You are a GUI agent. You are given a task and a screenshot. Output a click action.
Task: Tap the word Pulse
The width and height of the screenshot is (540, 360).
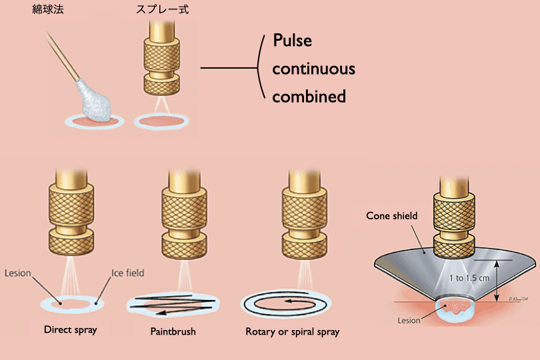point(293,41)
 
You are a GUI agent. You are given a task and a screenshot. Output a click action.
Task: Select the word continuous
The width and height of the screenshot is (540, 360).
point(313,69)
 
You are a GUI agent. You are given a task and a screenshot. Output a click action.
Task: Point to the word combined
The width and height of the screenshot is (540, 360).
point(309,96)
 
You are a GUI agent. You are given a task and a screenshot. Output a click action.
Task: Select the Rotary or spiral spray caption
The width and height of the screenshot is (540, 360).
point(292,331)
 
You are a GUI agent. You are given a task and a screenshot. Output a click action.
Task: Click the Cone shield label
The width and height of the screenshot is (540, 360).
point(391,216)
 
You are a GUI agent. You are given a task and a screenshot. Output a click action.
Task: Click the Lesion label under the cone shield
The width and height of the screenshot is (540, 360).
point(409,321)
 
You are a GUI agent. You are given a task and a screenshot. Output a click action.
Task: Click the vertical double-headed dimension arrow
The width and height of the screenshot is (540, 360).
point(497,280)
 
